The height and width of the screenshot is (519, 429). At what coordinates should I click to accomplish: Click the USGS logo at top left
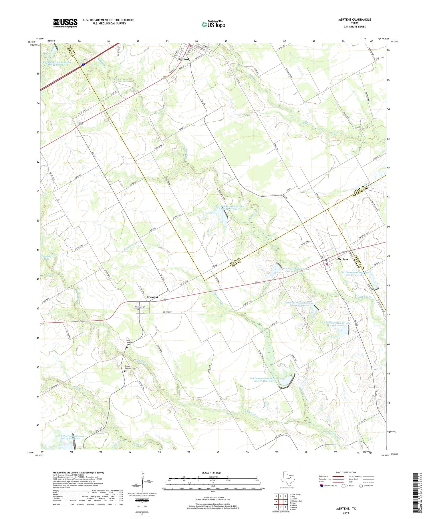click(65, 23)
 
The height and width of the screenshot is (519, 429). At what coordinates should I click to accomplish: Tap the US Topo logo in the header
click(213, 25)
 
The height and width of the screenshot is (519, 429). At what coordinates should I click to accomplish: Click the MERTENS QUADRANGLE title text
click(355, 19)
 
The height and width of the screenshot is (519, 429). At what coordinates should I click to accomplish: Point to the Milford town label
click(184, 59)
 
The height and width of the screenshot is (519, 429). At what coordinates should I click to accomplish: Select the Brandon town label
click(152, 297)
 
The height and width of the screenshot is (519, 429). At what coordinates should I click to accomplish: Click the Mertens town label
click(343, 259)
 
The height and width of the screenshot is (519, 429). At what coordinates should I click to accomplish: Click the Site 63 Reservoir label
click(70, 437)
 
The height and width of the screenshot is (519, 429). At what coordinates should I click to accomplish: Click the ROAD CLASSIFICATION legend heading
click(346, 472)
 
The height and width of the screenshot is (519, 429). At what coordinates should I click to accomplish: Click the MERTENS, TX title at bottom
click(346, 508)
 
